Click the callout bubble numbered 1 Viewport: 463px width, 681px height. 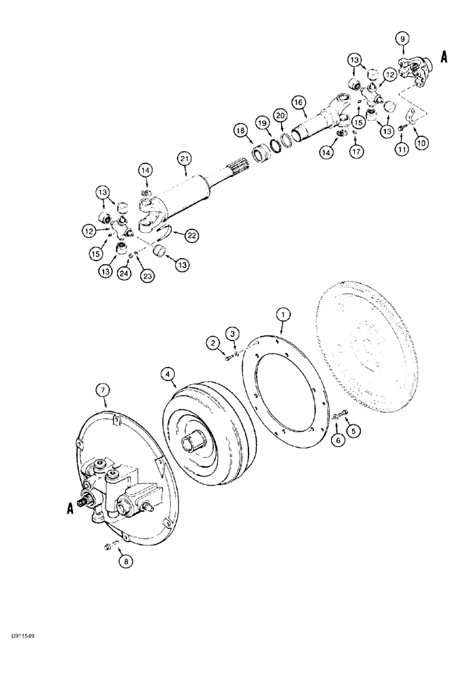282,314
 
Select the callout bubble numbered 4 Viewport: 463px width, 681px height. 167,373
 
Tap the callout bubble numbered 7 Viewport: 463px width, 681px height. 103,390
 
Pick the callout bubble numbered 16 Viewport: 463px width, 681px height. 298,102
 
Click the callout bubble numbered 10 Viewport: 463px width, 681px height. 422,143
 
